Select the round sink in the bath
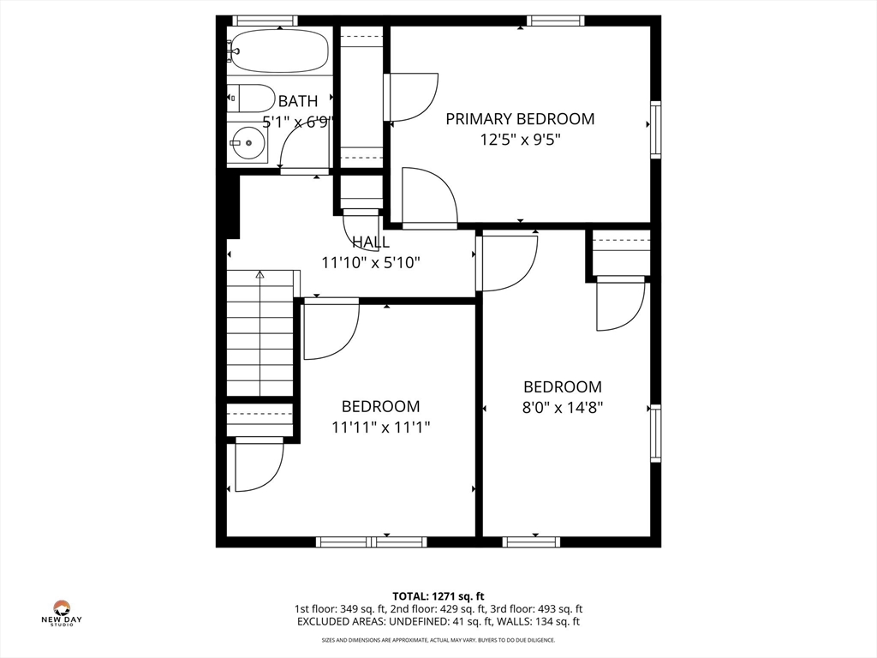(248, 142)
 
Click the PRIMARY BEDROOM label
(520, 119)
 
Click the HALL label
(370, 242)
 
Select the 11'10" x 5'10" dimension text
(370, 263)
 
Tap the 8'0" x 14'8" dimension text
(563, 408)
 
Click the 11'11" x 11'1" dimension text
(380, 427)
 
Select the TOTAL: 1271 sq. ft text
(438, 595)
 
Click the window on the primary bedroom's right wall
(656, 129)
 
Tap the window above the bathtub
(265, 21)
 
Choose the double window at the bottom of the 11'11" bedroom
(371, 541)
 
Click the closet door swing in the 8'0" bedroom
(620, 305)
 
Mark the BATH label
(297, 102)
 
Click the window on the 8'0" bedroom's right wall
(656, 433)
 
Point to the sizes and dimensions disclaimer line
(438, 640)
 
